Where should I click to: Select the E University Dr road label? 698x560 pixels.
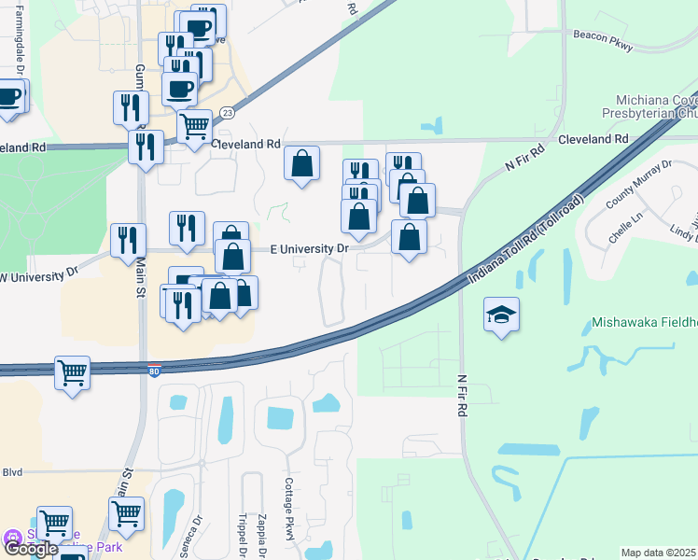click(309, 249)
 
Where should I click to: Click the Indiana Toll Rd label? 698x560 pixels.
click(525, 240)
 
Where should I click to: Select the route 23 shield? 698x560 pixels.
click(228, 112)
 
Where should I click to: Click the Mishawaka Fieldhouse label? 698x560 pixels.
click(644, 326)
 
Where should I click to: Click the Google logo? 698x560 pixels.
click(30, 549)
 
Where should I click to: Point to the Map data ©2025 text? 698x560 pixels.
click(658, 553)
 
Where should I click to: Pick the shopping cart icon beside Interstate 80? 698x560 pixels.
click(72, 373)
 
